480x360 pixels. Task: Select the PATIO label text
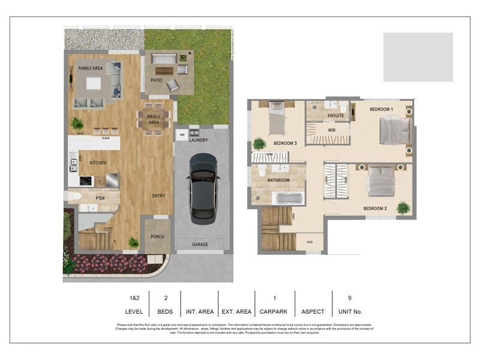[157, 80]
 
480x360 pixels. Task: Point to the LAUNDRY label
[199, 140]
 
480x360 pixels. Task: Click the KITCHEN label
[98, 163]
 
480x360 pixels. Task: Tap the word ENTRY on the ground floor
[158, 196]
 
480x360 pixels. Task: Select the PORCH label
[157, 236]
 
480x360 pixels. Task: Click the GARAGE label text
[200, 245]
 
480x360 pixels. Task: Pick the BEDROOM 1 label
[381, 109]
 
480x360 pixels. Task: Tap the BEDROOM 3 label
[285, 143]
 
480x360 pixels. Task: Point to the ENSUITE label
[336, 115]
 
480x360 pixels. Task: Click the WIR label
[331, 130]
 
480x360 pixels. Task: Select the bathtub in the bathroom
[289, 198]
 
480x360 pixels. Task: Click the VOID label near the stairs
[310, 243]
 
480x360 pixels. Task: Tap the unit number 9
[350, 297]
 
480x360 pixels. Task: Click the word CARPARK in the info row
[274, 311]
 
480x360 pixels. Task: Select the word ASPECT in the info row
[312, 311]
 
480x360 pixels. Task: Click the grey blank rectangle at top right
[418, 57]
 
